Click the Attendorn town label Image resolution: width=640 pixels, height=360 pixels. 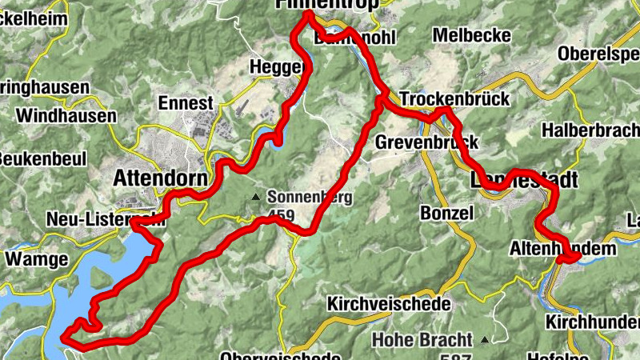click(161, 177)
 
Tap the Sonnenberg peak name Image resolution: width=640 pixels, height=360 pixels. click(310, 196)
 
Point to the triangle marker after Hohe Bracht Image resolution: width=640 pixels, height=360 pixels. click(484, 340)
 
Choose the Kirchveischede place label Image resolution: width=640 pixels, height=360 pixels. click(389, 305)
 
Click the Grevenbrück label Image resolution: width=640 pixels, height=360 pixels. click(426, 142)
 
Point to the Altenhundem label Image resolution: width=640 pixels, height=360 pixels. click(563, 250)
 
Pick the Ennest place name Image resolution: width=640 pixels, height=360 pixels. click(186, 103)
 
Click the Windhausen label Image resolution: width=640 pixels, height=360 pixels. click(66, 116)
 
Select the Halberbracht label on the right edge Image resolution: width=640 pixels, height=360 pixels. click(591, 130)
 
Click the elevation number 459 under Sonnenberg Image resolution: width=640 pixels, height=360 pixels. click(282, 215)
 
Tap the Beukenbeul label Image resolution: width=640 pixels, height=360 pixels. click(41, 158)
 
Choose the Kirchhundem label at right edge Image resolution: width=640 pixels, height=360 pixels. click(591, 322)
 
